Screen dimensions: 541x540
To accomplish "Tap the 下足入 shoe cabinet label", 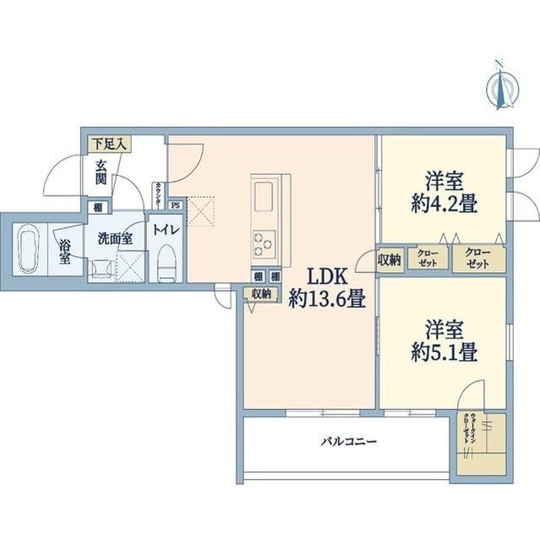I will (x=108, y=145).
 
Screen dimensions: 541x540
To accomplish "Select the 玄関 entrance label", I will (x=101, y=173).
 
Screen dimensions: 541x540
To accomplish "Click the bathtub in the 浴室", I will (x=29, y=248).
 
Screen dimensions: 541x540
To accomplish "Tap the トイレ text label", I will (x=164, y=228).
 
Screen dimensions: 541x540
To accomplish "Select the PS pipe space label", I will (x=175, y=205).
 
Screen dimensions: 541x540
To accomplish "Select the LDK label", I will (x=325, y=276).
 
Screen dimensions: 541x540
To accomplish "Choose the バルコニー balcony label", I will (x=347, y=441).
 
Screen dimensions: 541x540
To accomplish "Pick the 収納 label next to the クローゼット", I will (x=390, y=259).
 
